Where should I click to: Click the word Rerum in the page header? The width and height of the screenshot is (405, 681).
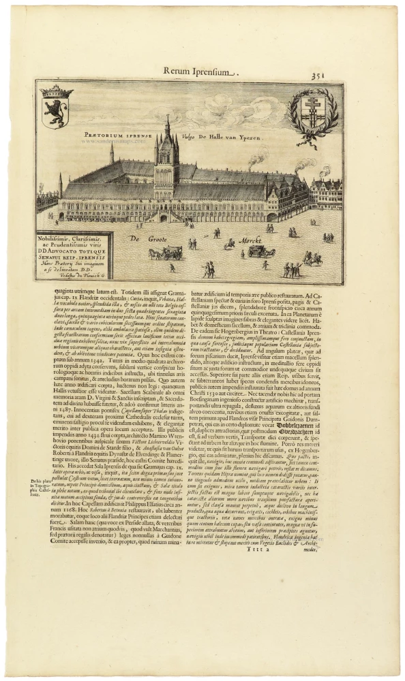click(178, 71)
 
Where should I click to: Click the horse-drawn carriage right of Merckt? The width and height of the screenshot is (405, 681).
click(261, 251)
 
